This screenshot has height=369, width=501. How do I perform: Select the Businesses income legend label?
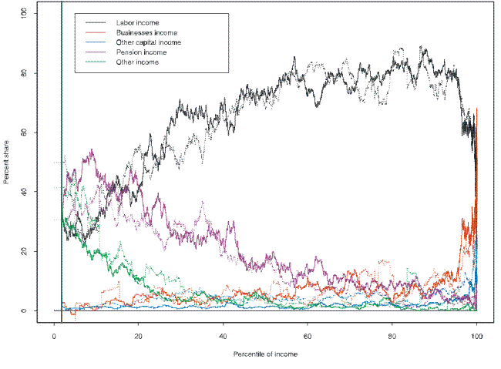(146, 33)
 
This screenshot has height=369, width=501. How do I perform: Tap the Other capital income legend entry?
(149, 42)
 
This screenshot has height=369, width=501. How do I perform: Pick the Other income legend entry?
(137, 62)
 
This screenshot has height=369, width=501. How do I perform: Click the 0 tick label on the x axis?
(54, 337)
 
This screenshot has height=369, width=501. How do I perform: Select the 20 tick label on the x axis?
(139, 337)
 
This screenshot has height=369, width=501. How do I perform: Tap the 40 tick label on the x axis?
(224, 337)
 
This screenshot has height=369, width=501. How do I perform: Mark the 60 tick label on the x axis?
(308, 337)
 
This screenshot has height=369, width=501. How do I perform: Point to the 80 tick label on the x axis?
(393, 337)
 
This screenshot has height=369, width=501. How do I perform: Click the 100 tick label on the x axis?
(477, 337)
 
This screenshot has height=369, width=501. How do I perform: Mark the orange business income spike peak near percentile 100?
(477, 109)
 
